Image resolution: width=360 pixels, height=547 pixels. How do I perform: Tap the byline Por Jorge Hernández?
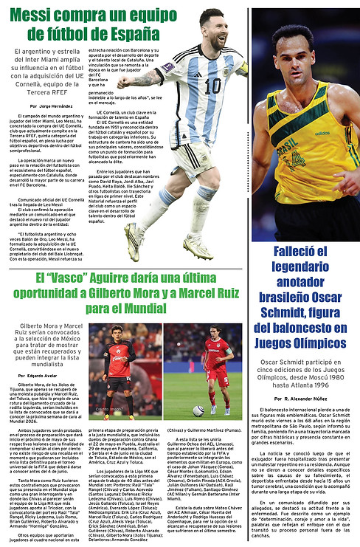point(51,106)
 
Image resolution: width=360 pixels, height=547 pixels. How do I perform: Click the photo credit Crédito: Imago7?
point(108,409)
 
